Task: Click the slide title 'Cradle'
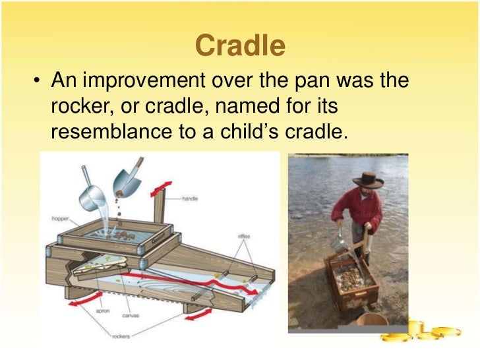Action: click(240, 45)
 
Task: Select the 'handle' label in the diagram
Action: click(191, 198)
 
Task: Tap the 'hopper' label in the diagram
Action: click(60, 218)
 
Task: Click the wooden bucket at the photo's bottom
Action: click(372, 322)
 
